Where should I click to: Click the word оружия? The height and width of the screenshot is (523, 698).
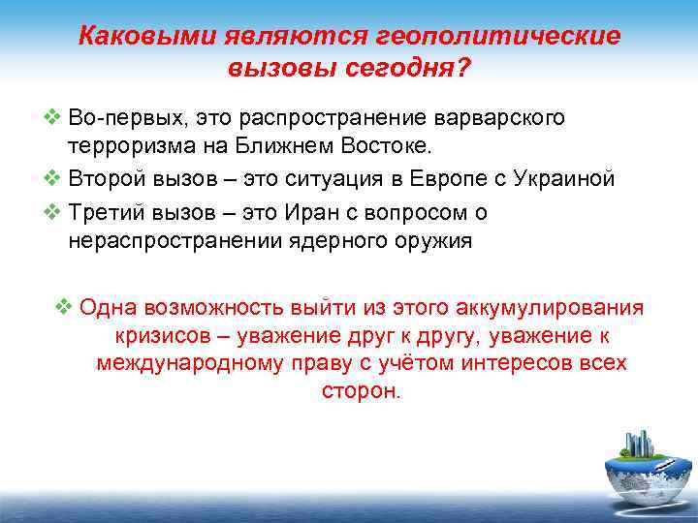[x=434, y=241]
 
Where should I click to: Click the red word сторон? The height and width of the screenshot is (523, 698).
[x=359, y=391]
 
